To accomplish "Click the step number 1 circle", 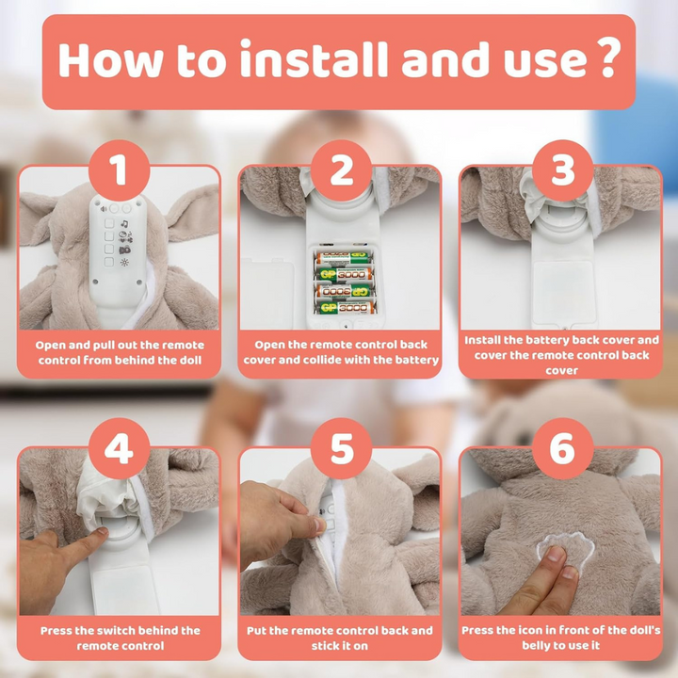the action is (119, 170).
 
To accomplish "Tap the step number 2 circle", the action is (341, 170).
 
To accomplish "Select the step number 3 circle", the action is (562, 170).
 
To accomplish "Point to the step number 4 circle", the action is (119, 448).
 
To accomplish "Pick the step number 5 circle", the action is (341, 448).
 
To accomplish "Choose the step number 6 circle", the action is (562, 448).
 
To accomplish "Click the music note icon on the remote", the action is (124, 223).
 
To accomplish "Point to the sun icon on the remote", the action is (124, 262).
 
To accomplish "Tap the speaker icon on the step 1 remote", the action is (104, 209).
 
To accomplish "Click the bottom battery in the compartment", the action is (345, 308).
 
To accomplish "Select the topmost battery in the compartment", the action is (345, 258).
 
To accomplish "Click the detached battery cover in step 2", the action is (267, 292).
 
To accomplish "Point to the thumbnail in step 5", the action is (320, 525).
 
